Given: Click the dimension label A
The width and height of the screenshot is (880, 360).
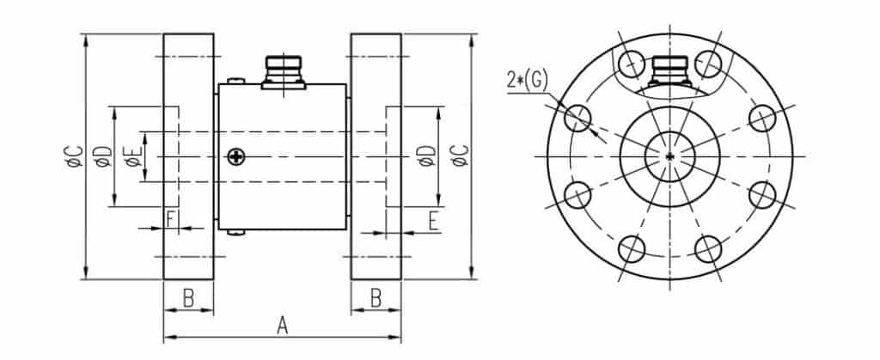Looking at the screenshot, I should tap(282, 325).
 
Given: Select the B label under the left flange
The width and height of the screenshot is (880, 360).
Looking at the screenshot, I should tap(188, 298).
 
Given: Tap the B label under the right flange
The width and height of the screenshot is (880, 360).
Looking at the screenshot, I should tap(376, 298).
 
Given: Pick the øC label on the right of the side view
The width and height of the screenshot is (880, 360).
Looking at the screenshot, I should tap(461, 156).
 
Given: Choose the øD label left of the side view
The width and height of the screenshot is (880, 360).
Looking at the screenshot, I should tap(103, 156).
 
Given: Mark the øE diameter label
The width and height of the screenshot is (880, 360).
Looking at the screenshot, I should tap(131, 156).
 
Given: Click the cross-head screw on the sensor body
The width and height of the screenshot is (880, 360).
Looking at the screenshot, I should tap(236, 156).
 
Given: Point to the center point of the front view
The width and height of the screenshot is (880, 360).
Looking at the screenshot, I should tap(669, 156).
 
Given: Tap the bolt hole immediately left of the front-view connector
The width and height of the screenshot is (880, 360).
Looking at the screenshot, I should tap(631, 63).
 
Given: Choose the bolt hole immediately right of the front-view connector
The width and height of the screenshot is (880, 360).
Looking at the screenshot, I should tap(708, 63).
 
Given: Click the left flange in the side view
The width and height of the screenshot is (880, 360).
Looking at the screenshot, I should tap(188, 156).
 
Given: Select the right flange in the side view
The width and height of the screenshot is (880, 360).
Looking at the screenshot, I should tap(376, 156).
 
